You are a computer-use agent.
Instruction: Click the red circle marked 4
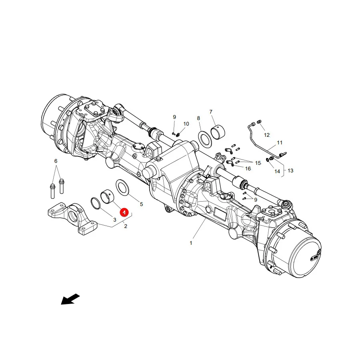point(124,212)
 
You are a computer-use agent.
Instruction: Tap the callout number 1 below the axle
point(191,243)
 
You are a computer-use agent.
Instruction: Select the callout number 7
point(211,112)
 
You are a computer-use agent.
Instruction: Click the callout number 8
point(198,118)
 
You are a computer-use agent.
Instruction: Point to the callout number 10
point(186,124)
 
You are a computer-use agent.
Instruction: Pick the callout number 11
point(280,142)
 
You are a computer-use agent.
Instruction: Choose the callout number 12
point(266,135)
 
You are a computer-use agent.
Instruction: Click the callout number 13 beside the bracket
point(290,170)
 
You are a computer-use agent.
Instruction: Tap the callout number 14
point(277,172)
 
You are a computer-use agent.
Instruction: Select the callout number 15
point(258,163)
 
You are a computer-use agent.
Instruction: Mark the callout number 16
point(248,169)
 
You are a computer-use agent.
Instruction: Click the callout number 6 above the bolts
point(56,161)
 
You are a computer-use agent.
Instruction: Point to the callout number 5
point(142,204)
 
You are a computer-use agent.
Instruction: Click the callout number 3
point(115,220)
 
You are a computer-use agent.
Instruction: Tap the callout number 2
point(126,226)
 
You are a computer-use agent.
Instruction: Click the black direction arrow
point(70,299)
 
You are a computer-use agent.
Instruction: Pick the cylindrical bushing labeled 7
point(218,132)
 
